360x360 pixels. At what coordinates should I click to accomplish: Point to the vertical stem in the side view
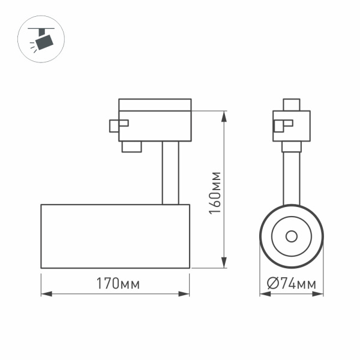170,173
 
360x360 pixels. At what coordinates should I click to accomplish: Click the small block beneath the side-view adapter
131,146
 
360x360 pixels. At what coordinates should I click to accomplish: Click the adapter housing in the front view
292,126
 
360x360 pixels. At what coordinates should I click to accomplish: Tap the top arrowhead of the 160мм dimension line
224,114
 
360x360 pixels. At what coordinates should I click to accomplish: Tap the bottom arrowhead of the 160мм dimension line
224,263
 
